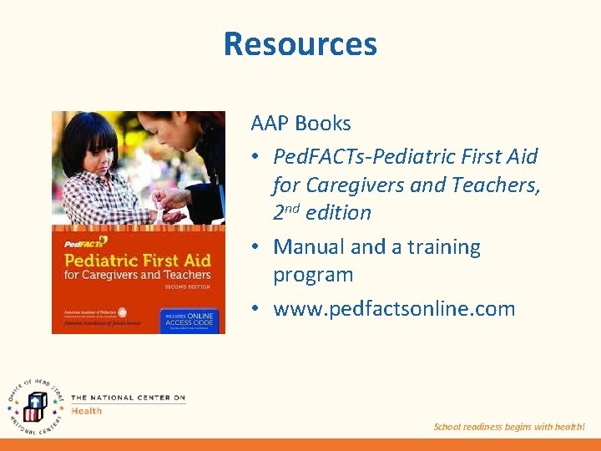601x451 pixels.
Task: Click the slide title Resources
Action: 300,43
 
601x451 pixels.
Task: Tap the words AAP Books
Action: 300,124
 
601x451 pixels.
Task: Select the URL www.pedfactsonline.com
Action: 394,309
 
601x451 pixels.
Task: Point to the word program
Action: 313,275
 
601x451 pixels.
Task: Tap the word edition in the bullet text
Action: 338,213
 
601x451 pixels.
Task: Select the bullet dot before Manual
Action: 257,247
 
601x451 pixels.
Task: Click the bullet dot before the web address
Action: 257,309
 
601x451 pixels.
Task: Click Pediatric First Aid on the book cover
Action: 138,260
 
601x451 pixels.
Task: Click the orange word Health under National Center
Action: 87,410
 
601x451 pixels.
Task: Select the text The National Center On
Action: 128,398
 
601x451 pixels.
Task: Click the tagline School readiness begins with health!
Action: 509,427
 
